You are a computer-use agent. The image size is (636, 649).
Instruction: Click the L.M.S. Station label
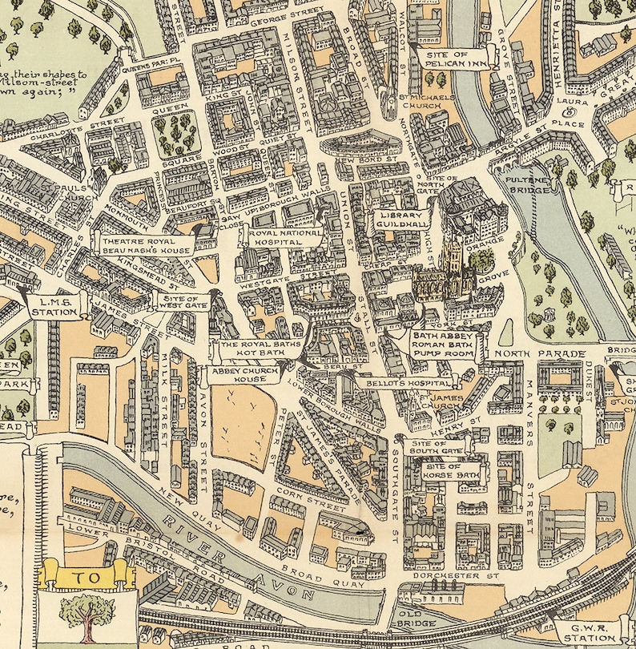(x=56, y=306)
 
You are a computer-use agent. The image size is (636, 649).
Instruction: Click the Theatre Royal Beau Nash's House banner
(x=144, y=245)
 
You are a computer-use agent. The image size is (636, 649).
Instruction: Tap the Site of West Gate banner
(x=181, y=302)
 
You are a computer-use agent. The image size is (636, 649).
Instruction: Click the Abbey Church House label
(x=238, y=375)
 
